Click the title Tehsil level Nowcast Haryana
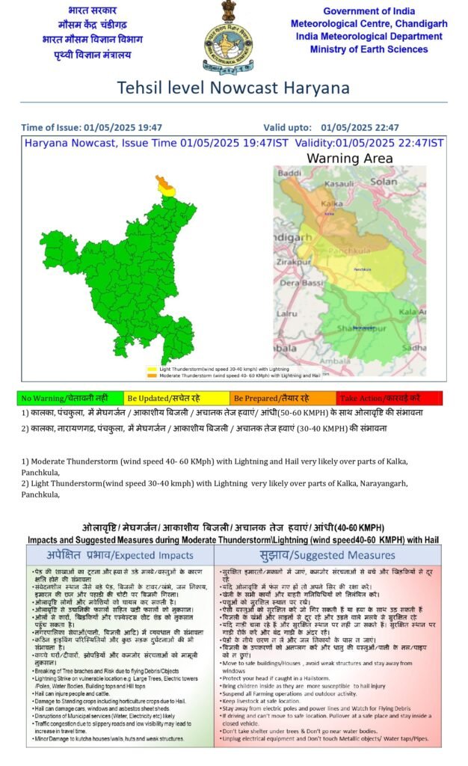pos(233,88)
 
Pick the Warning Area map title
pos(349,158)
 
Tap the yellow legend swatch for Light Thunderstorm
pos(152,369)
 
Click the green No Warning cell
pos(69,399)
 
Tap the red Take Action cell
pos(389,399)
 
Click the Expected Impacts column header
pos(120,555)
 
